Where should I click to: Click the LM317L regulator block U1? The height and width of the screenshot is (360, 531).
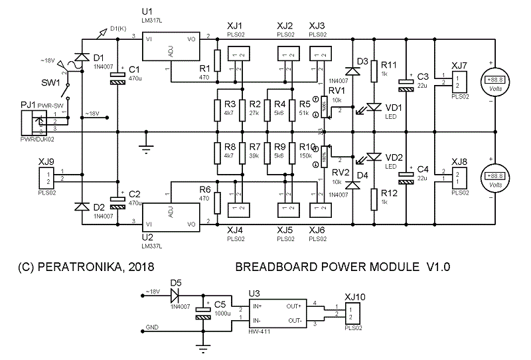(x=171, y=47)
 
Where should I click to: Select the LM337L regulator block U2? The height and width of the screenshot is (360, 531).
(x=171, y=215)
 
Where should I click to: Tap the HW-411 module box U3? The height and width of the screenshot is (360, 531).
(x=277, y=314)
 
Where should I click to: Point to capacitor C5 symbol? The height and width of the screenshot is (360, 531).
(x=203, y=314)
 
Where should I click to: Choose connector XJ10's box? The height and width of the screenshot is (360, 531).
(x=354, y=314)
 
